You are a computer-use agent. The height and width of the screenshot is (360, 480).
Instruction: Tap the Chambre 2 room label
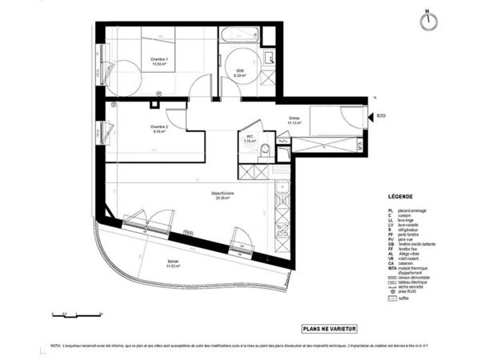click(158, 130)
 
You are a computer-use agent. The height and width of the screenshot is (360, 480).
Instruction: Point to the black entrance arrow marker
click(373, 117)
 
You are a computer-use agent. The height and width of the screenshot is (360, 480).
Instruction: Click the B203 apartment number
click(382, 117)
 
